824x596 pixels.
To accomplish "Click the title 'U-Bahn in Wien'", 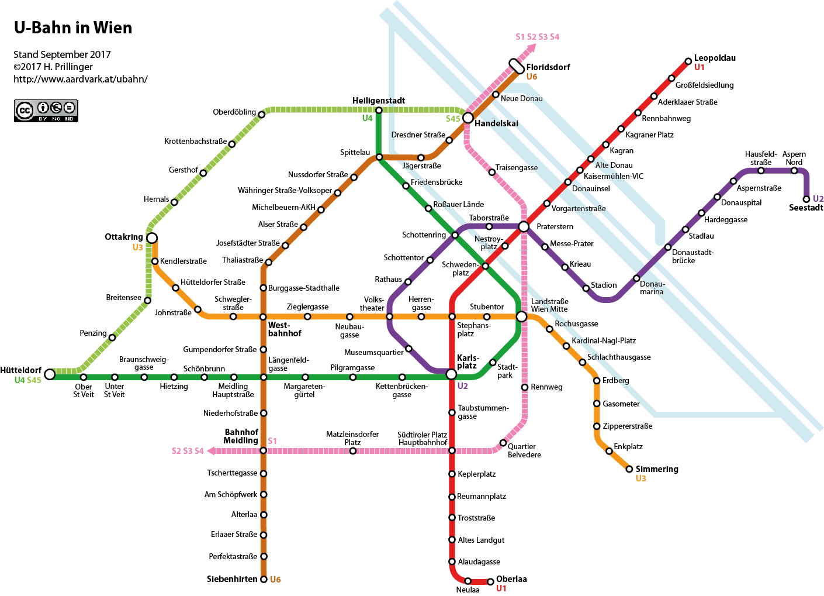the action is (73, 27).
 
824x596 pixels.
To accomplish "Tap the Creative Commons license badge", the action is (46, 111).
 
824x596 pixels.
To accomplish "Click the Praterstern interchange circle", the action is (524, 226).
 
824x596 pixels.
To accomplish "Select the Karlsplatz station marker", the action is (451, 374).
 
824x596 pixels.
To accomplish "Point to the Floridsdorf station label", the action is (548, 67).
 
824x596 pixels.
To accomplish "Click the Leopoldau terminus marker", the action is (688, 61).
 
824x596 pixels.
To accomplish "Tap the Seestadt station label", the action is (806, 208).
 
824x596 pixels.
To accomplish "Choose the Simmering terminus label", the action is (657, 469).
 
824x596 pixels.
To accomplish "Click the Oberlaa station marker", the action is (490, 582).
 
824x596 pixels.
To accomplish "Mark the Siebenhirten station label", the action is (232, 579).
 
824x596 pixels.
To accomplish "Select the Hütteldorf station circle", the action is (50, 374).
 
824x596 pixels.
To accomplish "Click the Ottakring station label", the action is (124, 237).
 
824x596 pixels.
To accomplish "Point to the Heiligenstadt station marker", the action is (379, 111).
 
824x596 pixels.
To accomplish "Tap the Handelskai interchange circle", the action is (468, 118).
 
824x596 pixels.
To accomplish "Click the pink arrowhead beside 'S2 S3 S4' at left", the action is (211, 450).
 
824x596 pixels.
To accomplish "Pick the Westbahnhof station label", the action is (285, 329).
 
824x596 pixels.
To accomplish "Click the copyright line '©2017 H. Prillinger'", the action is (53, 67).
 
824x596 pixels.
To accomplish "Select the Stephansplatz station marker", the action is (452, 316).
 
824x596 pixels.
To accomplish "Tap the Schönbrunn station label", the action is (204, 368).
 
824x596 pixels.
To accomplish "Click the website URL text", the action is (81, 79).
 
